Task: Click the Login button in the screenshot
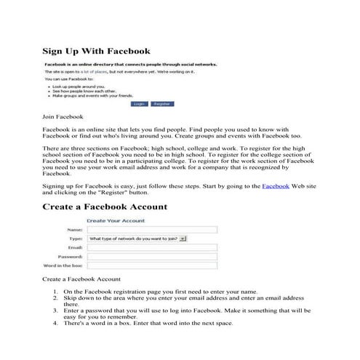tap(140, 104)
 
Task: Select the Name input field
tap(152, 229)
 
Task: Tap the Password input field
tap(152, 257)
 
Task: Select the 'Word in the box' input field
tap(152, 266)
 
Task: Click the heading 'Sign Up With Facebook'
tap(96, 52)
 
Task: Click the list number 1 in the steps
tap(56, 292)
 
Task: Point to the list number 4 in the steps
tap(56, 324)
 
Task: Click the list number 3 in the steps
tap(56, 311)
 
